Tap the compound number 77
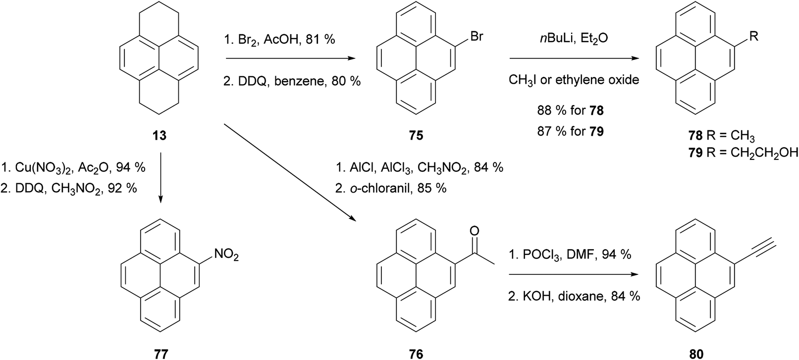160,353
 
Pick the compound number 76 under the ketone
416,353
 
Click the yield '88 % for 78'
571,110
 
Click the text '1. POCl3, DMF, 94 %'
570,255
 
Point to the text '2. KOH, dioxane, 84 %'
574,296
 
